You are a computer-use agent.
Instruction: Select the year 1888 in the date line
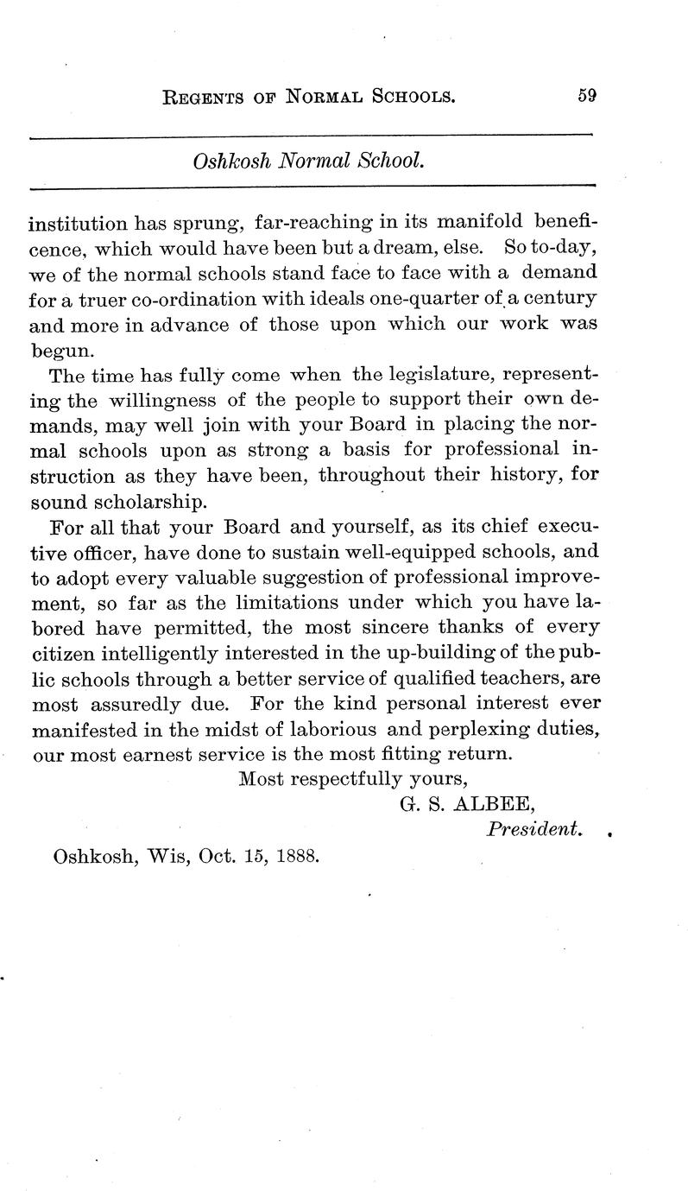pyautogui.click(x=294, y=858)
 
